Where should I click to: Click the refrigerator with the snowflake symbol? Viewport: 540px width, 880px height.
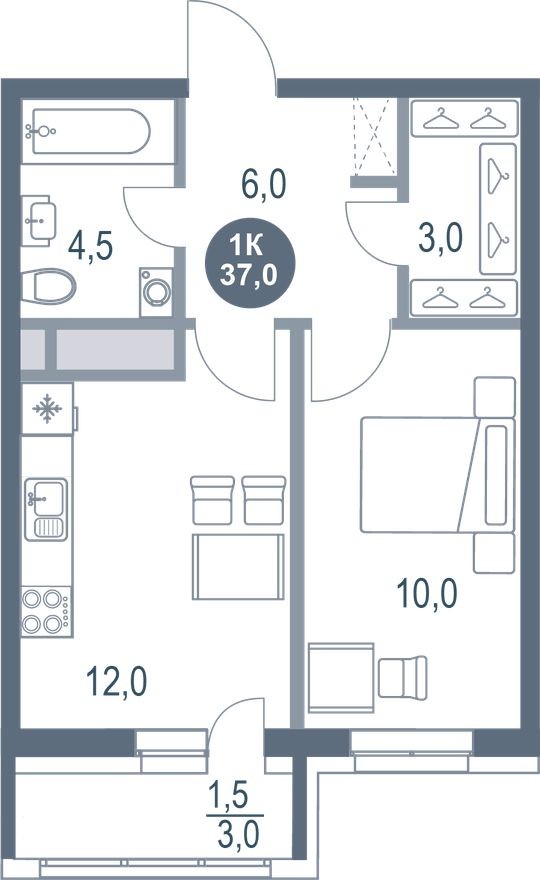click(x=46, y=409)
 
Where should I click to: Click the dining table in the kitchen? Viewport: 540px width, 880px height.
click(x=238, y=566)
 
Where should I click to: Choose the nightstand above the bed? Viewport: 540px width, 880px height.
click(x=494, y=396)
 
